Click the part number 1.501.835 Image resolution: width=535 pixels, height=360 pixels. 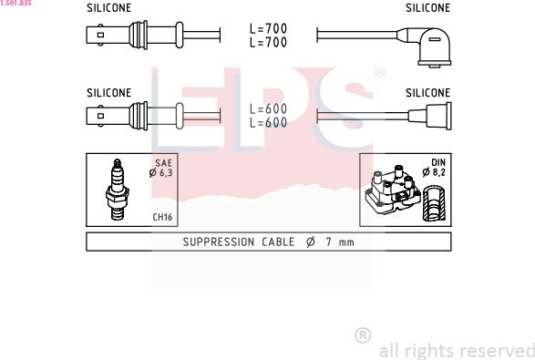pyautogui.click(x=15, y=3)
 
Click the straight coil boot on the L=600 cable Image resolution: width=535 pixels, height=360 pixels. pyautogui.click(x=430, y=116)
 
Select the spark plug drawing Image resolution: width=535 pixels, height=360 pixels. pyautogui.click(x=117, y=190)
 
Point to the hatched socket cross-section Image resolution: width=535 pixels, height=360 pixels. pyautogui.click(x=434, y=203)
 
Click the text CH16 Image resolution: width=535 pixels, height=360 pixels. pyautogui.click(x=162, y=217)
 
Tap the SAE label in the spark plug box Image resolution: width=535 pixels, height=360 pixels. pyautogui.click(x=163, y=163)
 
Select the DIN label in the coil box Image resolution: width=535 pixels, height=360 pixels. pyautogui.click(x=438, y=162)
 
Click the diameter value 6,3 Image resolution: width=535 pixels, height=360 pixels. pyautogui.click(x=166, y=173)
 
